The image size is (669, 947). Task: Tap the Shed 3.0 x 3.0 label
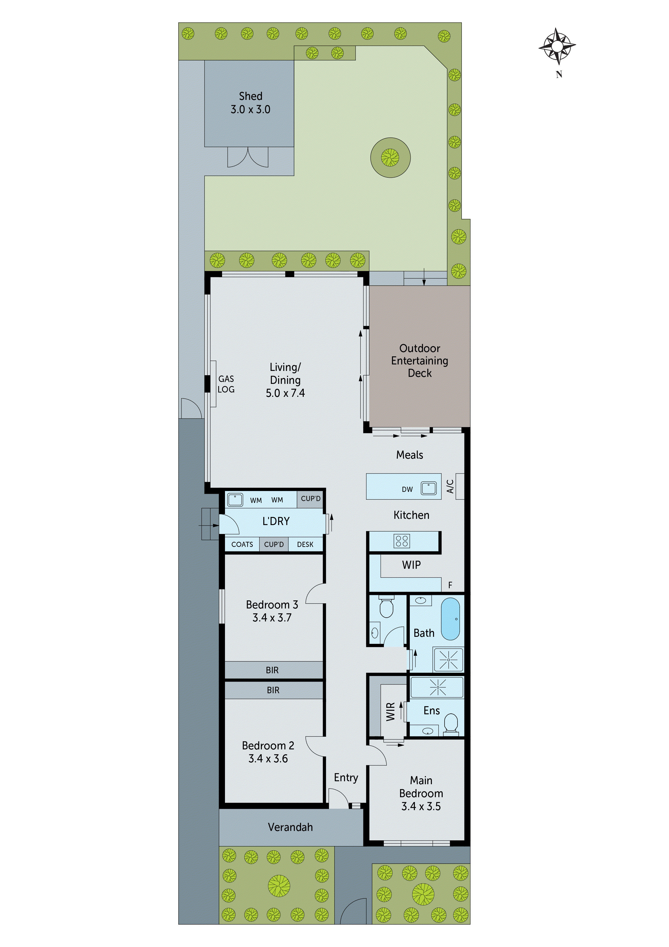coord(250,103)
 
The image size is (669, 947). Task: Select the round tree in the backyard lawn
coord(390,158)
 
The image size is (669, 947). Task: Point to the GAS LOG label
coord(226,384)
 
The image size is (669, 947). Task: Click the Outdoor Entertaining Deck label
coord(419,360)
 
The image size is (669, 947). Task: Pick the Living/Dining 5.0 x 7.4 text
coord(285,380)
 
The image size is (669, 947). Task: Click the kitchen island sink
coord(428,488)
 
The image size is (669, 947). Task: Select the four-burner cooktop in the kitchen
coord(401,541)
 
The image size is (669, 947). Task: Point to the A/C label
coord(450,486)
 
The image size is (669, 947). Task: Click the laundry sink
coord(235,499)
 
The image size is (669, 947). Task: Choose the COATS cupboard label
coord(242,544)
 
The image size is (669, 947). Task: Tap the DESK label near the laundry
coord(305,544)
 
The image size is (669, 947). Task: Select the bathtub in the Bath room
coord(450,619)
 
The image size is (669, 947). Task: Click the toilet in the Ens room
coord(451,723)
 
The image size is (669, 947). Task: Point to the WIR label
coord(390,712)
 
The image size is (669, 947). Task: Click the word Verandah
coord(290,827)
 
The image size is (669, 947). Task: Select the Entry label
coord(346,777)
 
